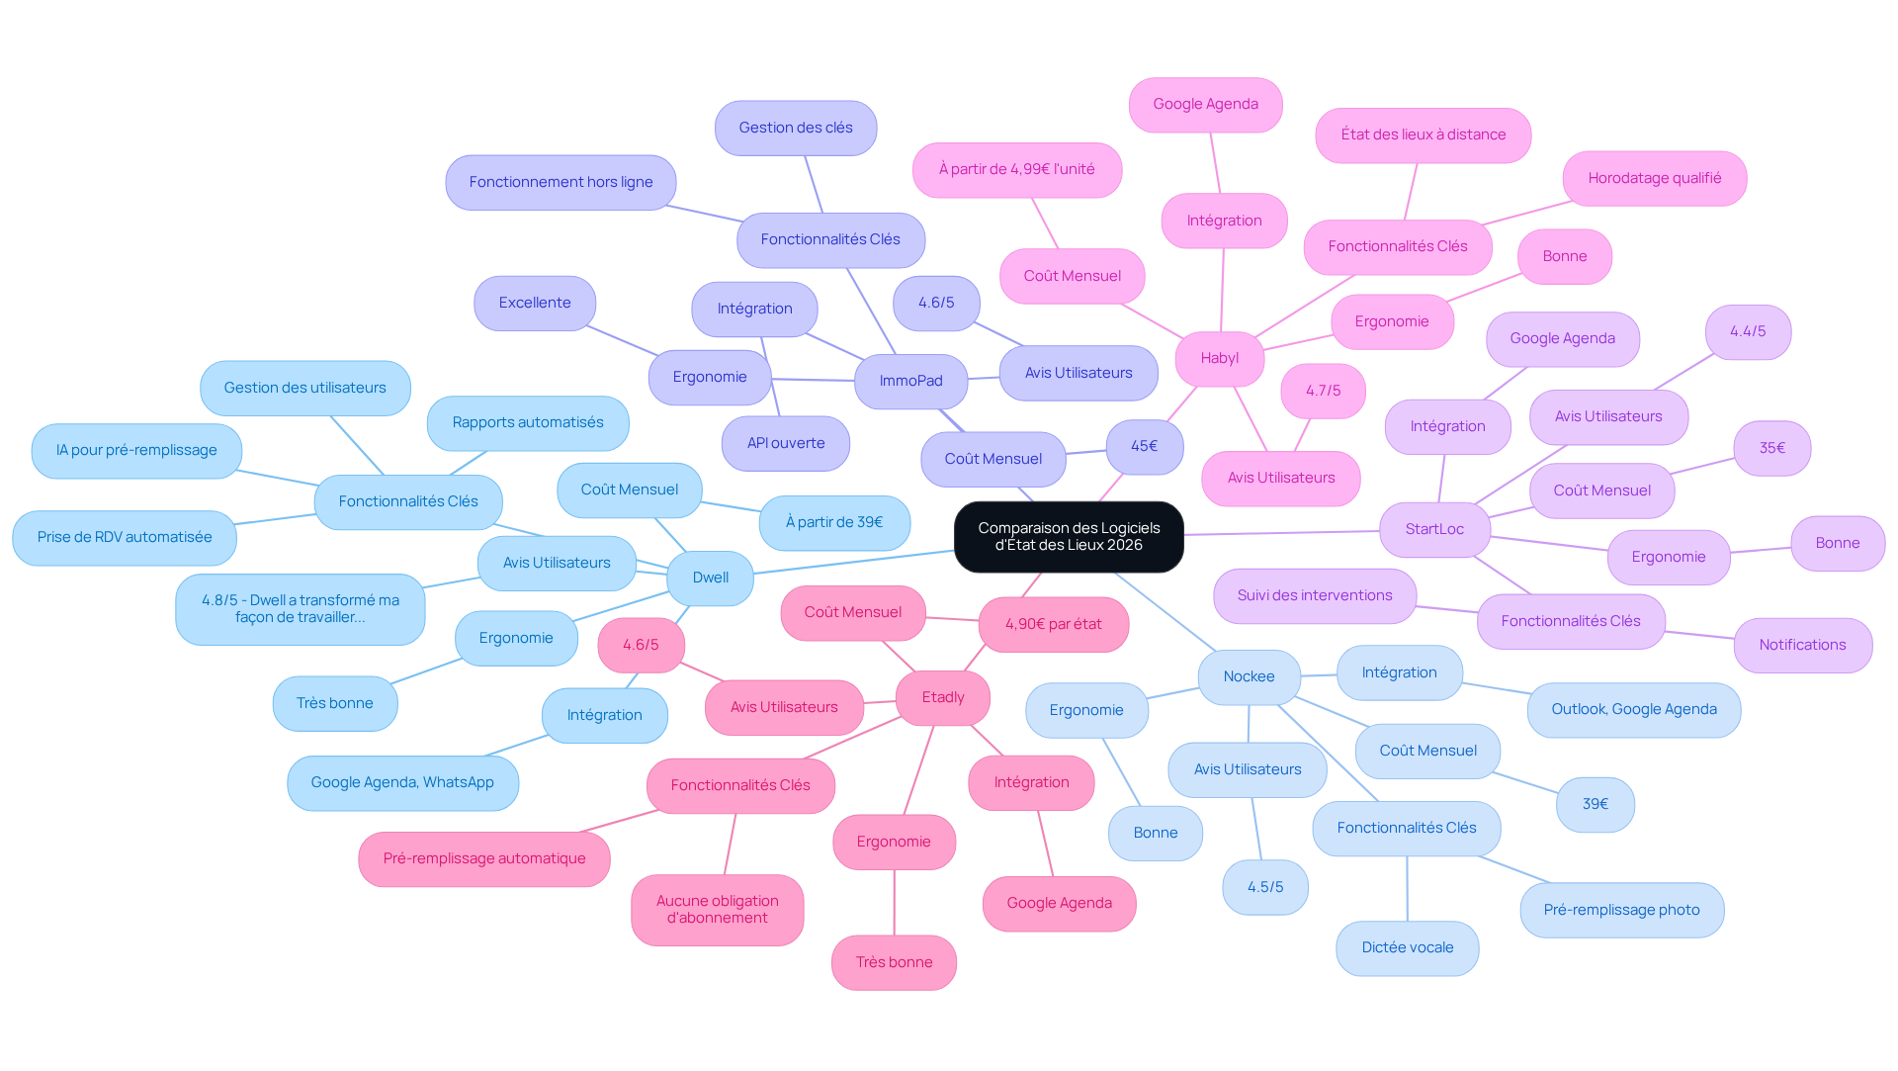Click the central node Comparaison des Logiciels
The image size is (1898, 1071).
1069,536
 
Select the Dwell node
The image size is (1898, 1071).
711,578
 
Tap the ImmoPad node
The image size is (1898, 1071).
910,381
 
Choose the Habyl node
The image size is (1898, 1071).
1220,358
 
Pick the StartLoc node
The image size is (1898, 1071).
1434,529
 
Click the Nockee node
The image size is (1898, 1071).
1249,676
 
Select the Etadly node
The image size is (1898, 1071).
943,697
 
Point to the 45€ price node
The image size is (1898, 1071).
1144,446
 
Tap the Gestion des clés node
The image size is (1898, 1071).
796,128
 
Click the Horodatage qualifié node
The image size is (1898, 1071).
1655,178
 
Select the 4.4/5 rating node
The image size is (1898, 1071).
1748,331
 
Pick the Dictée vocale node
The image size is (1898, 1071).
1408,947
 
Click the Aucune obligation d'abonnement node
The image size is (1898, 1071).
718,909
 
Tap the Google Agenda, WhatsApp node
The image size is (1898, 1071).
402,782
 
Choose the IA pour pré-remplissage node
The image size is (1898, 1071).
136,450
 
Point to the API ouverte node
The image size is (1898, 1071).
786,443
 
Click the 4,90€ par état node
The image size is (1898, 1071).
1054,624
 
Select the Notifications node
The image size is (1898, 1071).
1802,645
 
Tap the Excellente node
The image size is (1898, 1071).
535,303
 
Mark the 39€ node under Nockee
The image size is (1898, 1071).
1596,804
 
